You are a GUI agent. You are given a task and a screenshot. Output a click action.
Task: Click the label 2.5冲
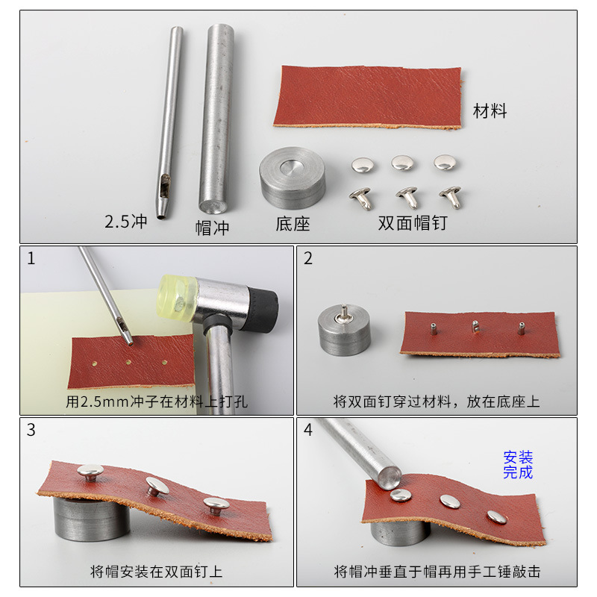(128, 222)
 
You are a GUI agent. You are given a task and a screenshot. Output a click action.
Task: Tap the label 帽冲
(212, 227)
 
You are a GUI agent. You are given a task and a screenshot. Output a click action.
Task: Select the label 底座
(293, 223)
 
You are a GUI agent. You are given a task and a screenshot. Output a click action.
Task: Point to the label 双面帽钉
(413, 222)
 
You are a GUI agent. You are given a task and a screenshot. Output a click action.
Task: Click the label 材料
(490, 111)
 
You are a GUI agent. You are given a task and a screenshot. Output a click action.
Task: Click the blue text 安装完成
(519, 464)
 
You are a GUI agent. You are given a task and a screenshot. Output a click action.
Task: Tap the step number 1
(31, 259)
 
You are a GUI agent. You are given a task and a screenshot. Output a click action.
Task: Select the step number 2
(308, 259)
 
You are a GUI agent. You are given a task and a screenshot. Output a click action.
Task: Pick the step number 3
(31, 431)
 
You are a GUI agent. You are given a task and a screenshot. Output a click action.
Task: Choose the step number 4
(308, 431)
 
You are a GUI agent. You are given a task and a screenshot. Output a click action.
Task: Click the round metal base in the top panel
(292, 177)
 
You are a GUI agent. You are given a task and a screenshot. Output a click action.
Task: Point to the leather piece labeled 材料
(367, 96)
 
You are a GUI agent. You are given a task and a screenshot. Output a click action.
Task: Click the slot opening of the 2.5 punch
(163, 181)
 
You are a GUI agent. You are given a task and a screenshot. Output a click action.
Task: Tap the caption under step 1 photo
(157, 401)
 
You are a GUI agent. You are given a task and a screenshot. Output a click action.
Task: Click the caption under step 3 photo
(157, 572)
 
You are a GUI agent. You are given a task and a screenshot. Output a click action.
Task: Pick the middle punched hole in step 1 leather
(128, 362)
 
